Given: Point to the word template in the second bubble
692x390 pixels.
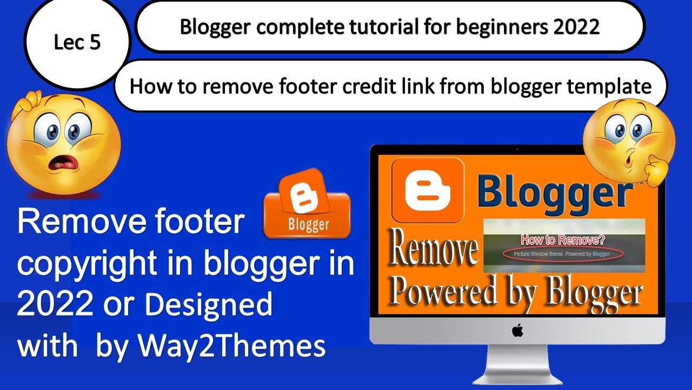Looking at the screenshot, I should (x=614, y=86).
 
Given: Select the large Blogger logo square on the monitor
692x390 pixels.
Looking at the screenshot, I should (x=428, y=190).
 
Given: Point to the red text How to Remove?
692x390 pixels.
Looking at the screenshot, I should (x=563, y=239).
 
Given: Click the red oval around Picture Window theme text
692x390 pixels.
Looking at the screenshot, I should (x=563, y=253).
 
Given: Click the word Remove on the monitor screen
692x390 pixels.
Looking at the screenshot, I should (x=435, y=252).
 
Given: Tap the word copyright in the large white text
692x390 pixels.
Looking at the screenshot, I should (x=101, y=264).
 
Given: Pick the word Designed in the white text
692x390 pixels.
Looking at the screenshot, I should (x=209, y=305).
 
